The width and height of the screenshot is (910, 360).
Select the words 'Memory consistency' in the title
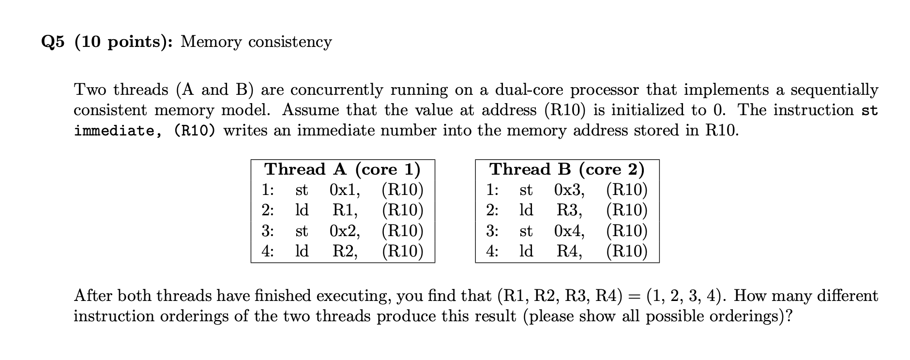tap(256, 42)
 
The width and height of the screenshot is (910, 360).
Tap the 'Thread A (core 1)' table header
tap(342, 169)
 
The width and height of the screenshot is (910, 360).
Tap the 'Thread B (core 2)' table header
tap(567, 169)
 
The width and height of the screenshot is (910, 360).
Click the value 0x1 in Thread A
tap(344, 190)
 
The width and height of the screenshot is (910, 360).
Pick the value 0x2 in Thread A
tap(344, 231)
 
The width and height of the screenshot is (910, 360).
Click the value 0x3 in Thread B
tap(569, 190)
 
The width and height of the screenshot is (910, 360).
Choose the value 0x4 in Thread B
tap(569, 231)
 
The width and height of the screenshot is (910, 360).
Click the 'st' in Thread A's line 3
tap(302, 231)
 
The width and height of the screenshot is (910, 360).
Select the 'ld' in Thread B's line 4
tap(526, 251)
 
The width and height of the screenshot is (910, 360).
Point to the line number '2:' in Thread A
tap(268, 210)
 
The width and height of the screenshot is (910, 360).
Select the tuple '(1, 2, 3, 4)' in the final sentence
tap(687, 296)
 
